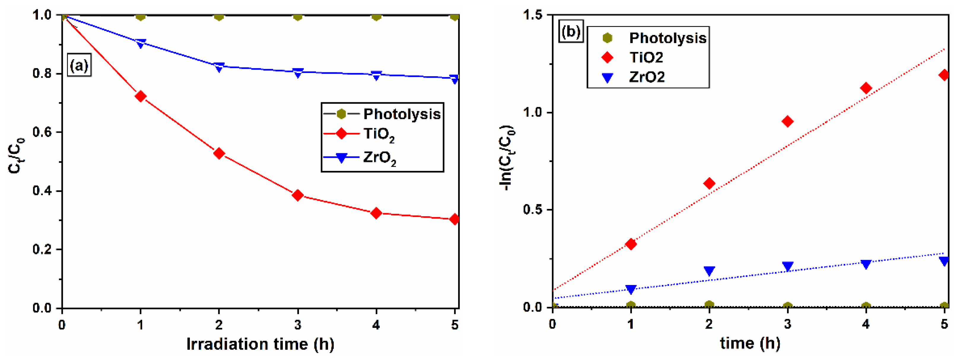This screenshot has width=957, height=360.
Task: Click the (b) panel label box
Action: click(x=571, y=32)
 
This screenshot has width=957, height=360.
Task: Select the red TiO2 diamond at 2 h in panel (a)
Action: click(x=219, y=153)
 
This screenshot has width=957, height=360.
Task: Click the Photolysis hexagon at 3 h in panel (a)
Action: click(x=298, y=16)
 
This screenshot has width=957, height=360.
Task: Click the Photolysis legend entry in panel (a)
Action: click(x=383, y=114)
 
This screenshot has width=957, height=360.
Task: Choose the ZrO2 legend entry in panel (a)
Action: click(x=379, y=157)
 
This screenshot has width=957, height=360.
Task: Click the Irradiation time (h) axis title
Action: click(x=260, y=344)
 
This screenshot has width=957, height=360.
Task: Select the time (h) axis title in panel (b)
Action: click(x=750, y=343)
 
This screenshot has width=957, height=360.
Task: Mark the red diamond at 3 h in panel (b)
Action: click(x=787, y=122)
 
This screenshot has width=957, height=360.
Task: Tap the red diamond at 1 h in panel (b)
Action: click(x=630, y=244)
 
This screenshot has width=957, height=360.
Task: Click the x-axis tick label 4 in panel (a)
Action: click(x=376, y=325)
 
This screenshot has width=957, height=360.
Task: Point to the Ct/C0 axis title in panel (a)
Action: click(x=16, y=156)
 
